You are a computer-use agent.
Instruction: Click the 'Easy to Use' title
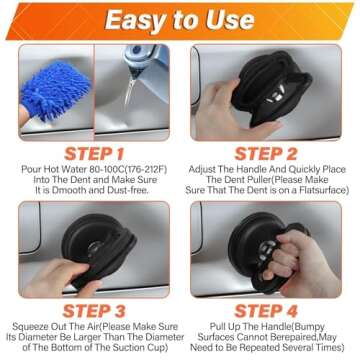point(180,19)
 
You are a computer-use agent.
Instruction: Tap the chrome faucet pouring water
point(135,62)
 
